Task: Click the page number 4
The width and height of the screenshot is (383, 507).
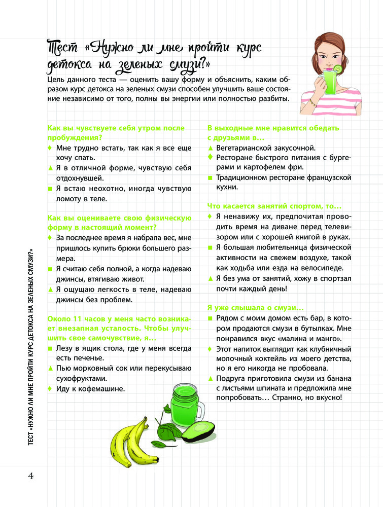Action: tap(30, 476)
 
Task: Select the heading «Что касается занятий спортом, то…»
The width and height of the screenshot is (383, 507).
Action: tap(274, 206)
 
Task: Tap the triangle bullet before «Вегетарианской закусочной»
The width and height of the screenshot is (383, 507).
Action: tap(210, 148)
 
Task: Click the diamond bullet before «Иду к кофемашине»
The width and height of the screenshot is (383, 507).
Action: tap(50, 389)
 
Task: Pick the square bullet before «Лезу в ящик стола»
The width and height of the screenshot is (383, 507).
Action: tap(50, 348)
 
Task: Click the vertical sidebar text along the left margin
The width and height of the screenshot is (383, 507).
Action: tap(30, 345)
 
